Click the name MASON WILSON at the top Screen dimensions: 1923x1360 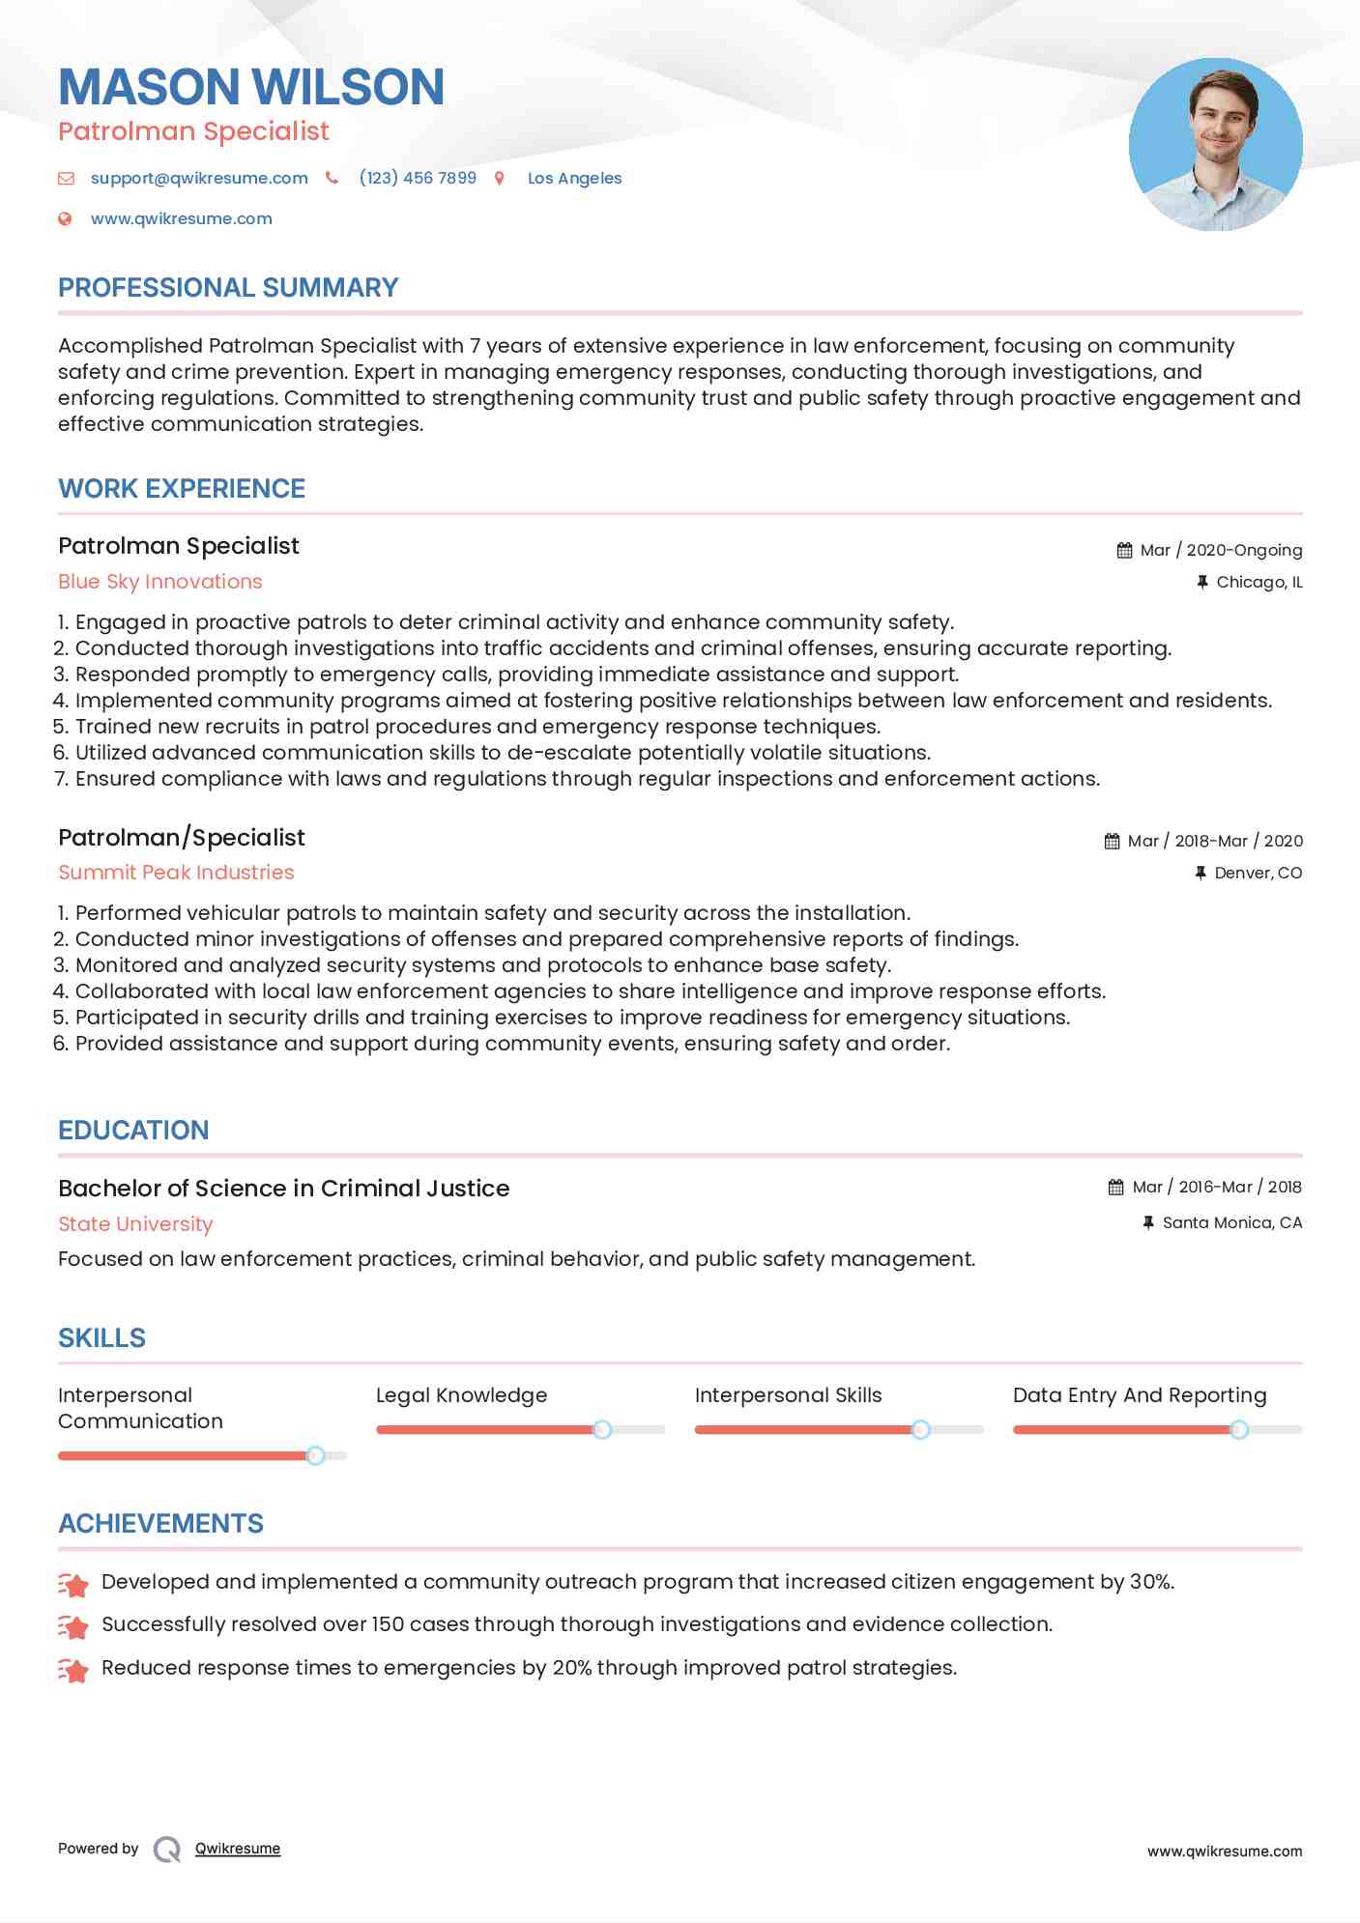(251, 87)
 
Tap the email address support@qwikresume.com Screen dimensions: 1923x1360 (199, 179)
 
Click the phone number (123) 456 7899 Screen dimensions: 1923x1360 (418, 179)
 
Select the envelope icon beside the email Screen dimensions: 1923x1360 (66, 179)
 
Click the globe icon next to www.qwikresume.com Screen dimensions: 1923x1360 (65, 219)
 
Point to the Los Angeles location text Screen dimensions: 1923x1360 (574, 179)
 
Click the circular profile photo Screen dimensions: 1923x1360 (1215, 145)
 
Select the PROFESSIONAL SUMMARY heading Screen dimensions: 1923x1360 (228, 288)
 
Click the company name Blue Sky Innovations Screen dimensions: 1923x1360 (160, 582)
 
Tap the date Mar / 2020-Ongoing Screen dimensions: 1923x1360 (1221, 551)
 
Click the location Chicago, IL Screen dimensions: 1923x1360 (1259, 583)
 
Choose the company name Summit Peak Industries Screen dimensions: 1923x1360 (176, 873)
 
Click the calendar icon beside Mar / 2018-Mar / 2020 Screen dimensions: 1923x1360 (1113, 842)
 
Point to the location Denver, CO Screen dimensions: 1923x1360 (1258, 874)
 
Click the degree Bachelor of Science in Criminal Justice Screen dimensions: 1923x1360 (283, 1189)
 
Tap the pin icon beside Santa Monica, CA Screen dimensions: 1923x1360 (1148, 1223)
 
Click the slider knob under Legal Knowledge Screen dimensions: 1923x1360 (602, 1429)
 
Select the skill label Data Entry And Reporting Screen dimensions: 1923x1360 (1139, 1395)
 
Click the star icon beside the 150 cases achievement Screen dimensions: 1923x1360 (73, 1626)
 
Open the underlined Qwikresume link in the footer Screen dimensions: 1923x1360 (238, 1849)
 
